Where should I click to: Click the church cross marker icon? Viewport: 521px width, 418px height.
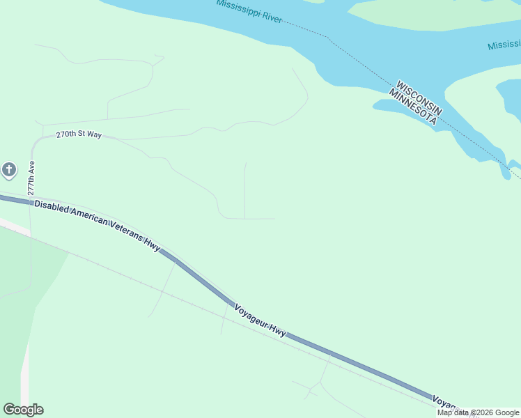(8, 169)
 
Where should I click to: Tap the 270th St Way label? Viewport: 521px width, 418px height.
(79, 134)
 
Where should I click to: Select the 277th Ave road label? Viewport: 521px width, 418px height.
(31, 179)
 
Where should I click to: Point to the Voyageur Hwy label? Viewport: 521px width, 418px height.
(259, 321)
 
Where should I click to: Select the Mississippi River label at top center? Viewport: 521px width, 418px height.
(249, 11)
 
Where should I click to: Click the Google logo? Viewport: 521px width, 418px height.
(23, 410)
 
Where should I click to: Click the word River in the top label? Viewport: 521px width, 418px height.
(271, 17)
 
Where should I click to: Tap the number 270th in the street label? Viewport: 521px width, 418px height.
(65, 134)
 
